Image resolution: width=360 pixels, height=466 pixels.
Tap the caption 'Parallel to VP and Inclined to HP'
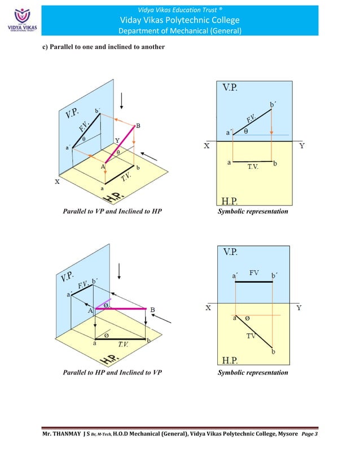coord(112,212)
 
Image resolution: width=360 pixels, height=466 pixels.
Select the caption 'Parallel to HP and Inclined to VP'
coord(112,372)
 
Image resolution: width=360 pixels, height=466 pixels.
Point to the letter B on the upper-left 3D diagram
coord(138,125)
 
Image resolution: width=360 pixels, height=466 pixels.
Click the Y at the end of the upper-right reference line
coord(302,146)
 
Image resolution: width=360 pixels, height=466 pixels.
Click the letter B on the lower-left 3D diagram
coord(152,309)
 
